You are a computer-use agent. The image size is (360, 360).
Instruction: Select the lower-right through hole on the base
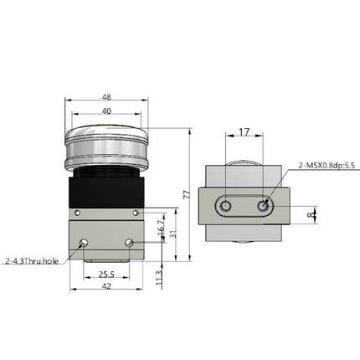[x=128, y=243]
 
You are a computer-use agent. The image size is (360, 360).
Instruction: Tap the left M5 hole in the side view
[x=225, y=205]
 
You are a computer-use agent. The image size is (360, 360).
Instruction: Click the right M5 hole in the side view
[x=264, y=204]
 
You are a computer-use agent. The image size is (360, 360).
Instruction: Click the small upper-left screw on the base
[x=77, y=213]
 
